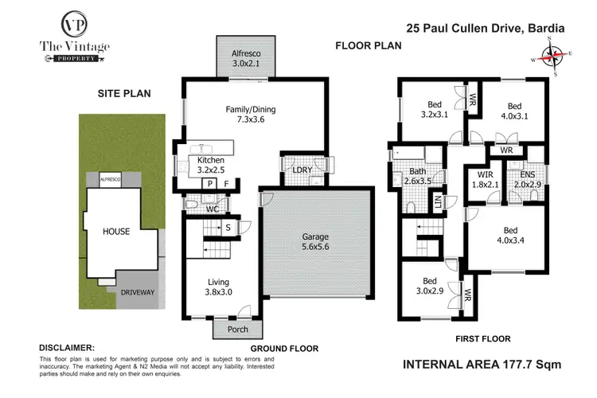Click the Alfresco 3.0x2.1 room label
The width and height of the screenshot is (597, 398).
(x=244, y=57)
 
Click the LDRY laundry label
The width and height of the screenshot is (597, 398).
(x=302, y=170)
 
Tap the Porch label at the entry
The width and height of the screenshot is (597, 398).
(x=238, y=329)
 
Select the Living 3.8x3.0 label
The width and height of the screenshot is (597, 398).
(x=218, y=285)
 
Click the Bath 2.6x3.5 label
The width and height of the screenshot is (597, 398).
(x=419, y=177)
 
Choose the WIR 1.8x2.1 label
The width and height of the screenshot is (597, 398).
(x=486, y=179)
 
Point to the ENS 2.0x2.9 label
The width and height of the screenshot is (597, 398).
(x=527, y=179)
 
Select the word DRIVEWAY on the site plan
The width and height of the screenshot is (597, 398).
(x=137, y=293)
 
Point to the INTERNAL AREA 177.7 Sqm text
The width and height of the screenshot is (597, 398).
(x=483, y=364)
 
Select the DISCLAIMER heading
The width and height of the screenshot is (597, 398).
(x=67, y=348)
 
